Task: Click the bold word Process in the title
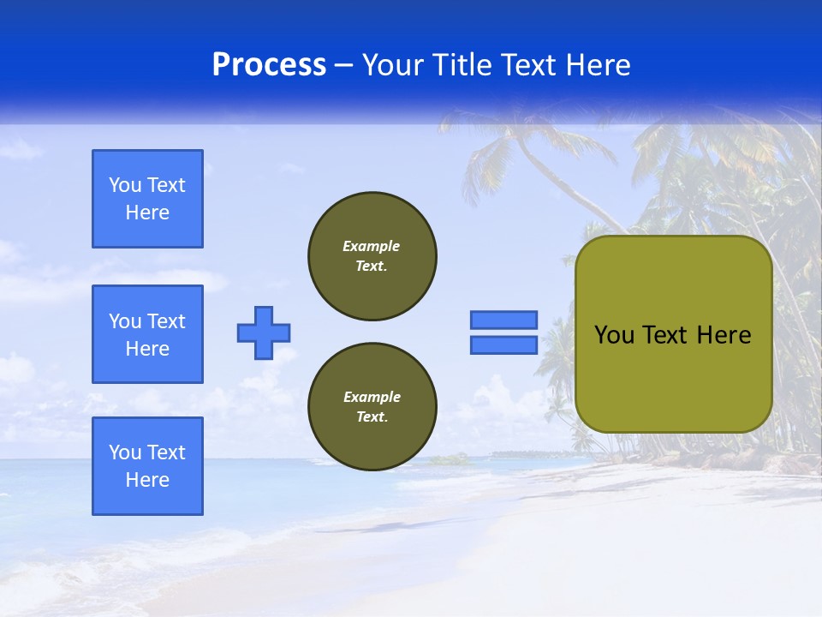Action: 269,64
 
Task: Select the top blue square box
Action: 147,199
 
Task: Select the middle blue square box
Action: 147,334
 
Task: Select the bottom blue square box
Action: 147,466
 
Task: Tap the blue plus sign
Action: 264,332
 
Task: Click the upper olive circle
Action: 372,256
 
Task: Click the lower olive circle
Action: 372,407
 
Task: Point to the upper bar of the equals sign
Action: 503,320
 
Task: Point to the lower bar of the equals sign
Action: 503,344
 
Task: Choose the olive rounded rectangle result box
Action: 673,334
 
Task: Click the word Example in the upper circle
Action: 372,246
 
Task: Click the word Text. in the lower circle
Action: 372,417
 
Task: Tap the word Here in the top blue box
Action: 147,213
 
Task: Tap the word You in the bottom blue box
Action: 124,452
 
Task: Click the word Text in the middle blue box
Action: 166,321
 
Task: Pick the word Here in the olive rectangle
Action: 724,335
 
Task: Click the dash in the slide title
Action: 344,66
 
